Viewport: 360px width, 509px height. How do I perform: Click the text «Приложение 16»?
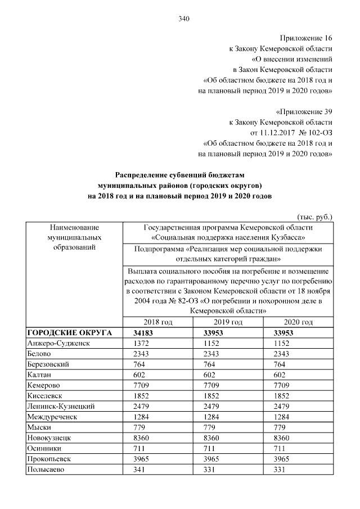click(x=309, y=39)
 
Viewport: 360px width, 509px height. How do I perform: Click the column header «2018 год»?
click(x=158, y=322)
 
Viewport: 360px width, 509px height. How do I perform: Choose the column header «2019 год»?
click(x=228, y=322)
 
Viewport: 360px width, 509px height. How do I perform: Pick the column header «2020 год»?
click(x=299, y=322)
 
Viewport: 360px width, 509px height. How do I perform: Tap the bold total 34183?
click(x=143, y=333)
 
